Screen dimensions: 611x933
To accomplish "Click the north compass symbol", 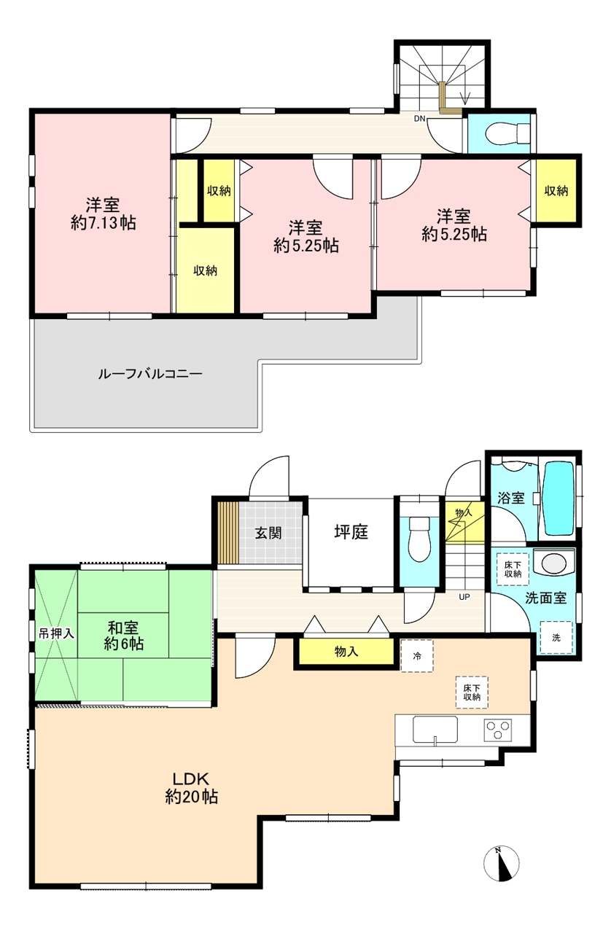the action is (502, 864).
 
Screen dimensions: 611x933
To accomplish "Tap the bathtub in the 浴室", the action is (559, 498).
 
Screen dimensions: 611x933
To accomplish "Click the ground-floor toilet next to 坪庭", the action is (419, 539).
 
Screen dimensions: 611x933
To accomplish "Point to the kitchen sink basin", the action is (435, 730).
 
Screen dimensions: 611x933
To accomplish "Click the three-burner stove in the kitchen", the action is (498, 730).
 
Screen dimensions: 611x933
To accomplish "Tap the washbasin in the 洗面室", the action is (554, 563).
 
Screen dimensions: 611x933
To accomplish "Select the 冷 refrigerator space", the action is (417, 656).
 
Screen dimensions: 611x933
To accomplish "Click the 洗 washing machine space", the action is (556, 638).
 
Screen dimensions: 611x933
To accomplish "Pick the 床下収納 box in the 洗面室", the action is (513, 569).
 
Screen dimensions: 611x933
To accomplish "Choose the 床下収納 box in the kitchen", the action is (472, 692).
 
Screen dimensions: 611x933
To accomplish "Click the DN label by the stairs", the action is (420, 119).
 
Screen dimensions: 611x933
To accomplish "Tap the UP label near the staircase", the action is (464, 597).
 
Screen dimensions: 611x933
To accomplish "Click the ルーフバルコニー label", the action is (150, 373).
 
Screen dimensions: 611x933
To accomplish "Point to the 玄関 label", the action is (268, 533).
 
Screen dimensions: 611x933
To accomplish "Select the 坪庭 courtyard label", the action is (351, 532).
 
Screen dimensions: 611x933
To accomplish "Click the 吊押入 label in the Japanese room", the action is (56, 634).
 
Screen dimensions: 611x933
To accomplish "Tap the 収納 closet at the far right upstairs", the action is (556, 191).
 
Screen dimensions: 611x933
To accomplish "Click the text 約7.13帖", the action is (103, 223).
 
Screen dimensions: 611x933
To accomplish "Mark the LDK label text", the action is (191, 778).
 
